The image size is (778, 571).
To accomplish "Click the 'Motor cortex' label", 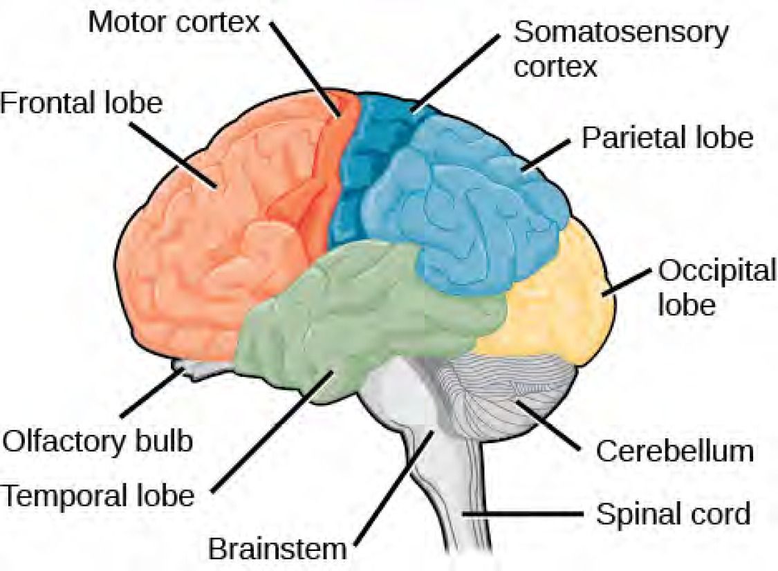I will point(173,22).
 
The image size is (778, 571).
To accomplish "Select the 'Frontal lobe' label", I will point(81,104).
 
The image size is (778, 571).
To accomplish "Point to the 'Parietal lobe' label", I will point(666,138).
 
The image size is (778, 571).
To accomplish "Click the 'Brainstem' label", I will point(277,550).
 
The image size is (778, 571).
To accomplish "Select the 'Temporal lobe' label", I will point(97,495).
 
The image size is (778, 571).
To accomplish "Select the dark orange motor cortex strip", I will point(325,173).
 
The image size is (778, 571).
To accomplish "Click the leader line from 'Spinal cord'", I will point(526,514).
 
